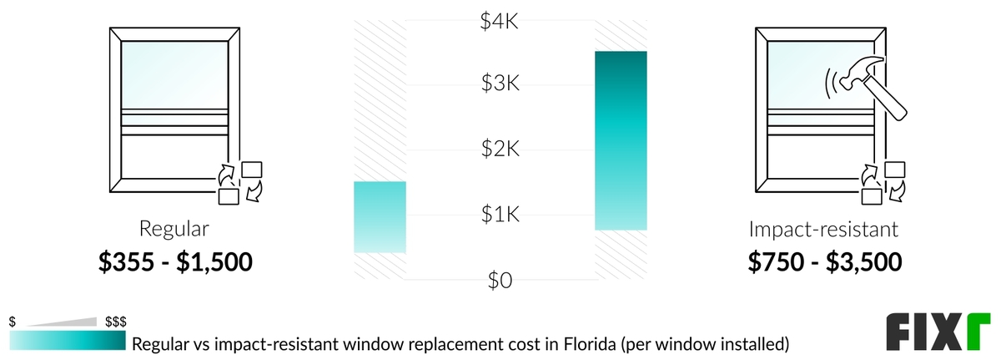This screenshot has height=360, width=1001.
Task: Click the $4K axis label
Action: click(500, 20)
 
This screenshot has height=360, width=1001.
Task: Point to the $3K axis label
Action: click(500, 84)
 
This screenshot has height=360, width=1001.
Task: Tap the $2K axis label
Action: click(500, 150)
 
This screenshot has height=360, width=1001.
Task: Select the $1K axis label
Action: click(500, 215)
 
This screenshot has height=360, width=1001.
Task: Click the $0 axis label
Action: click(500, 280)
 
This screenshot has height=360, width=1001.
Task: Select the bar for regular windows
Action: click(380, 217)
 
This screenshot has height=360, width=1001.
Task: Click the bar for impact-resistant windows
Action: click(621, 140)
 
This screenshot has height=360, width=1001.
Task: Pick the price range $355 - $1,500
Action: click(175, 261)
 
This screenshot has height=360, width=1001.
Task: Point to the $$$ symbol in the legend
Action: click(115, 322)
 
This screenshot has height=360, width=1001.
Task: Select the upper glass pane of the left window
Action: click(174, 73)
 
